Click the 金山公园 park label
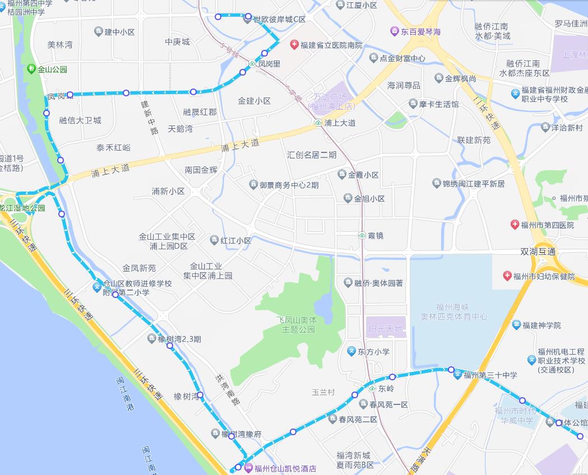click(x=52, y=69)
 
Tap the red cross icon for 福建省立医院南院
click(x=294, y=45)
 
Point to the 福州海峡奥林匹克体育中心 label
click(x=454, y=311)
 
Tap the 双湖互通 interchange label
click(x=538, y=252)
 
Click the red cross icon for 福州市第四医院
click(x=515, y=225)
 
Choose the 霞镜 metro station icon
click(x=362, y=236)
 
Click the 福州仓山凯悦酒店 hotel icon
click(x=248, y=468)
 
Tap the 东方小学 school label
click(x=373, y=352)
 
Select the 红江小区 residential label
click(x=235, y=240)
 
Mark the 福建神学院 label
click(x=541, y=325)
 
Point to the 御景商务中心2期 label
click(x=289, y=185)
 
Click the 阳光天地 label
click(x=386, y=329)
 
